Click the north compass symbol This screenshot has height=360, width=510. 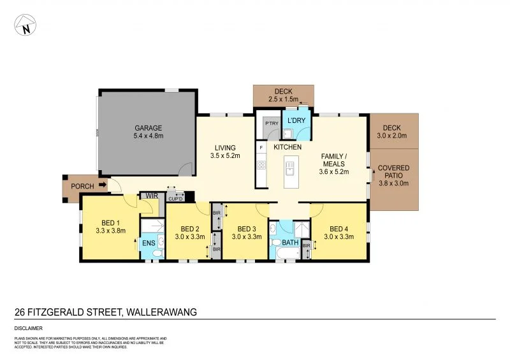click(x=25, y=26)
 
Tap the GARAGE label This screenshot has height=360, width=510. click(x=148, y=127)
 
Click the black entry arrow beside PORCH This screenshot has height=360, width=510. click(x=101, y=186)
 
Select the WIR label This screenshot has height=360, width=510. click(x=152, y=196)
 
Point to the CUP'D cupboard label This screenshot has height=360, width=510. click(x=175, y=198)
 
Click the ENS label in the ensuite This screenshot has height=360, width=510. click(x=149, y=243)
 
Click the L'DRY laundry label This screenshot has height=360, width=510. click(x=296, y=120)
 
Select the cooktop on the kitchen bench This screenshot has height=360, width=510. click(x=261, y=166)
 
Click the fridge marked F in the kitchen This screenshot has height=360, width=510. click(x=261, y=147)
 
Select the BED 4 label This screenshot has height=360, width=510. click(x=339, y=228)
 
